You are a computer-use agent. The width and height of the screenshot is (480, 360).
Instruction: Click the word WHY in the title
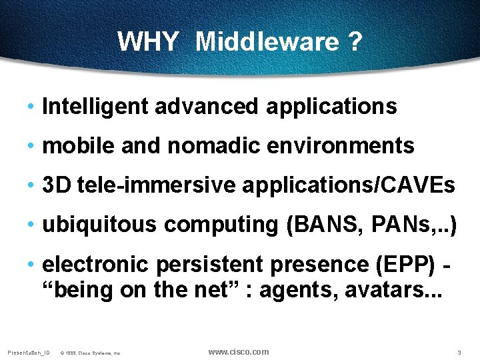click(x=147, y=42)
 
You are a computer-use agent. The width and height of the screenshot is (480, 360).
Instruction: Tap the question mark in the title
click(x=355, y=42)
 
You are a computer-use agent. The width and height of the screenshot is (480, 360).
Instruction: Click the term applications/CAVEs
click(x=349, y=185)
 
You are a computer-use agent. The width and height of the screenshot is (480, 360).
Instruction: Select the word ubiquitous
click(x=100, y=225)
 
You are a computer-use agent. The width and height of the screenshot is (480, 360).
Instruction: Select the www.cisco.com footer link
click(x=239, y=352)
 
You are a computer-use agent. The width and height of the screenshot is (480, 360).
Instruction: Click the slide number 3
click(x=459, y=352)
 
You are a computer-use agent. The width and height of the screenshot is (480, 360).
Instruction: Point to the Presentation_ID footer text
click(x=28, y=352)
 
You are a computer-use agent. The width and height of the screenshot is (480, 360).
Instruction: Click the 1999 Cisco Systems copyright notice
click(x=89, y=353)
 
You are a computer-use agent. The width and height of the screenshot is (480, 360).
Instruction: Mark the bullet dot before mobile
click(x=32, y=146)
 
